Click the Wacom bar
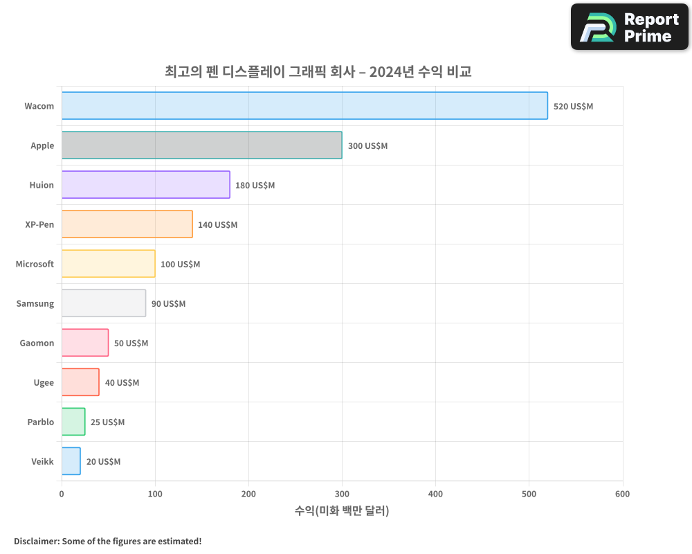click(x=304, y=106)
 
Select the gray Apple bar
click(x=201, y=145)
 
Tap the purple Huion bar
click(x=145, y=185)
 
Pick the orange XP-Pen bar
click(x=127, y=224)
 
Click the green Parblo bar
click(x=73, y=422)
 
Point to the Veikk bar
click(x=71, y=461)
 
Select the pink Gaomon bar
click(x=85, y=343)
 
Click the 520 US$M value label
click(x=573, y=107)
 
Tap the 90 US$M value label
click(x=168, y=304)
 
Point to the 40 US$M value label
click(x=122, y=383)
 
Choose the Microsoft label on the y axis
click(x=35, y=264)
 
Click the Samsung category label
click(x=35, y=303)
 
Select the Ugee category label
click(x=44, y=382)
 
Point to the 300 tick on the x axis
click(x=342, y=494)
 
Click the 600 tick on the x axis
click(x=622, y=494)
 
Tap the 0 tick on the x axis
click(x=62, y=494)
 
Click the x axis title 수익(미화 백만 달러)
click(x=342, y=511)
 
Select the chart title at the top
click(x=318, y=71)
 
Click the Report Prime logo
click(x=630, y=27)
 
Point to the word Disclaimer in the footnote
click(x=35, y=541)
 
